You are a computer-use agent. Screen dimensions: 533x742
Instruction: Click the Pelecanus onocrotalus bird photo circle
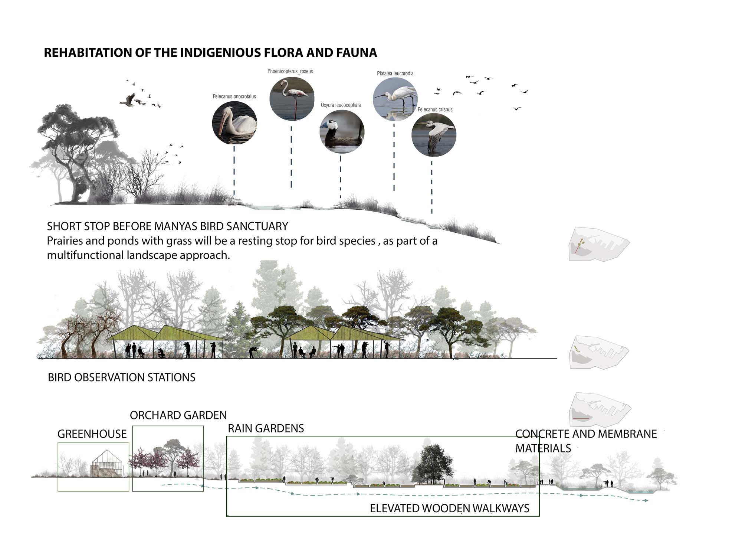[234, 123]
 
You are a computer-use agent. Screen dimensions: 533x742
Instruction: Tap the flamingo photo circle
[292, 99]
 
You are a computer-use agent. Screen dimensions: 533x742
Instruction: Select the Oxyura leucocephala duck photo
[342, 132]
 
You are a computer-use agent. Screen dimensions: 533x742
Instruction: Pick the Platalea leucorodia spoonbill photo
[395, 99]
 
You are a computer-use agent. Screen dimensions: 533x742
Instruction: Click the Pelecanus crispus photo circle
[434, 135]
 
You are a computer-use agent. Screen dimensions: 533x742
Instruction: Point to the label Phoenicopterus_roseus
[290, 71]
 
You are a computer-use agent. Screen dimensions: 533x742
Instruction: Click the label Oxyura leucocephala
[341, 105]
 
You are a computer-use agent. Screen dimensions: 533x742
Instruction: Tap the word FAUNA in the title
[357, 53]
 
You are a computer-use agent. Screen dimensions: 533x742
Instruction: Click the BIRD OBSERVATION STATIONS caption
[122, 377]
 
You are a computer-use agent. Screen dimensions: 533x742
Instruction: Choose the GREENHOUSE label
[92, 434]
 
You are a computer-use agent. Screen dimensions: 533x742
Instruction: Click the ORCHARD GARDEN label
[178, 415]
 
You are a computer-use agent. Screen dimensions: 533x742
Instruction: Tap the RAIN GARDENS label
[266, 428]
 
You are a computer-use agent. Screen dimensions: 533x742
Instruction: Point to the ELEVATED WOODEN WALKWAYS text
[449, 508]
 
